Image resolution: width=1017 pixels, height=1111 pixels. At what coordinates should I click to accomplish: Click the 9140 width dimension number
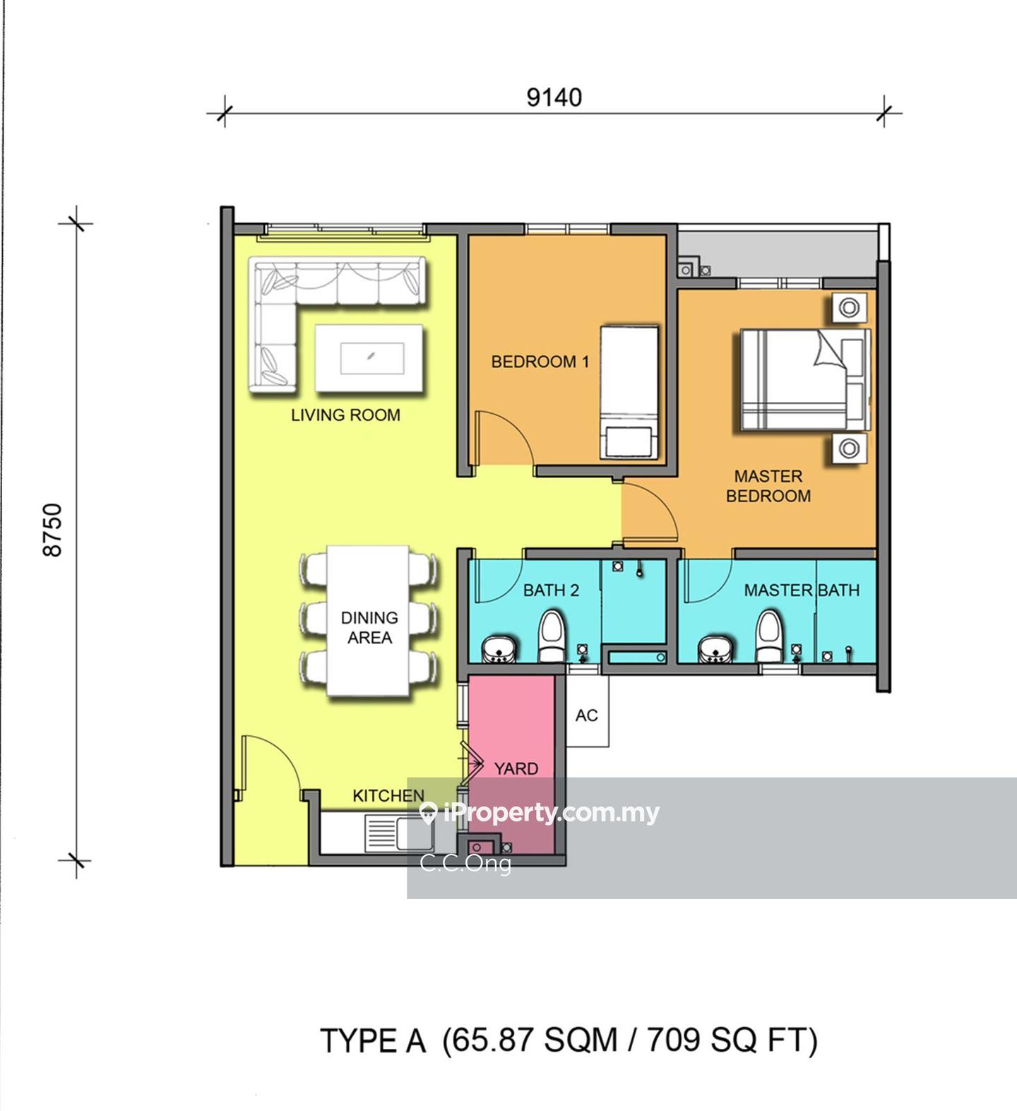[x=554, y=97]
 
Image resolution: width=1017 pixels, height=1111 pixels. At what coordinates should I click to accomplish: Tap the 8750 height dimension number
[x=53, y=530]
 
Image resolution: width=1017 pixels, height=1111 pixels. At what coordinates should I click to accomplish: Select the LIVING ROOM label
[x=345, y=415]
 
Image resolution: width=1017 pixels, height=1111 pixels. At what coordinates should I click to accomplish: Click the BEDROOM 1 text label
[x=540, y=362]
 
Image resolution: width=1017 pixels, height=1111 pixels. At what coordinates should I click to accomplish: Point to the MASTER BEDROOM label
[x=768, y=486]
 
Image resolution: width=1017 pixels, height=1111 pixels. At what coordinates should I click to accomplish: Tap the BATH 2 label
[x=551, y=590]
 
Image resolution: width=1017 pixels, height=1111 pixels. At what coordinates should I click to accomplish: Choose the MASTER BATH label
[x=802, y=590]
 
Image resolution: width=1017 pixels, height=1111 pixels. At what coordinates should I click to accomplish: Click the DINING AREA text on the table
[x=369, y=627]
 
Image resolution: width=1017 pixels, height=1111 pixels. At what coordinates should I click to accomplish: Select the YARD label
[x=516, y=768]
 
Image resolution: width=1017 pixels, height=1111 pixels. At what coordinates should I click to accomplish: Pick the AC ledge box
[x=587, y=711]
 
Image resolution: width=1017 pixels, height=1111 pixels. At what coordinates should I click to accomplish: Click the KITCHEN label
[x=388, y=796]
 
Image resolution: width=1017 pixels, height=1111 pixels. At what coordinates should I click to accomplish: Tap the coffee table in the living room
[x=369, y=357]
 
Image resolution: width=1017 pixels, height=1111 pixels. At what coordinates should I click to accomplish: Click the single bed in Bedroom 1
[x=629, y=392]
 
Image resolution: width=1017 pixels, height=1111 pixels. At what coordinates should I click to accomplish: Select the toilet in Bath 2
[x=552, y=636]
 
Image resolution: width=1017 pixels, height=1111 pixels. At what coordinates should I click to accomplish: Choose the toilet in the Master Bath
[x=770, y=636]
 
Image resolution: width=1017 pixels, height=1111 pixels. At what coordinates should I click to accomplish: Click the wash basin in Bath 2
[x=499, y=649]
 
